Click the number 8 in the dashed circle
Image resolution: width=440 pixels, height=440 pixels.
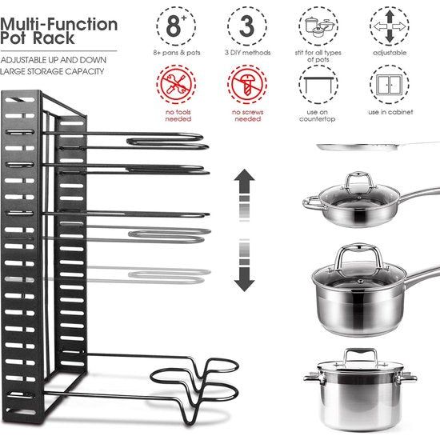pos(174,26)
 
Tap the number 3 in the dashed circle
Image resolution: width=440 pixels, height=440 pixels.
pos(246,26)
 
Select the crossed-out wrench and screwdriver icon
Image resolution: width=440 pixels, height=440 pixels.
pos(176,84)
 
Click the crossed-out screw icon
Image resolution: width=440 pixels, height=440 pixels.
pos(247,84)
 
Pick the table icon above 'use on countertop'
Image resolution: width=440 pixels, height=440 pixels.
pos(318,84)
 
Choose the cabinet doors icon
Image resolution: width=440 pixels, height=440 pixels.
pos(390,85)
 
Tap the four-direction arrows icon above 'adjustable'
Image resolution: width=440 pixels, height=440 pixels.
pos(390,26)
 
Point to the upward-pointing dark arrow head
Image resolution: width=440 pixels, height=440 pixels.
pos(245,175)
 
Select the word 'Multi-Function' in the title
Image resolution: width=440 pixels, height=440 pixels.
pos(58,24)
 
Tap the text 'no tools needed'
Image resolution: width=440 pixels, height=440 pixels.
pos(178,115)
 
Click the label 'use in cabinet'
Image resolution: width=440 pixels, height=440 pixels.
pos(390,112)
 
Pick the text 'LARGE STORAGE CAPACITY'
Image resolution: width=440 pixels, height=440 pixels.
pos(52,71)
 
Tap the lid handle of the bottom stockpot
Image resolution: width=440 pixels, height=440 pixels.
pos(361,356)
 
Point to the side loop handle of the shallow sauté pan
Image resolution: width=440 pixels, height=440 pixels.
pos(312,203)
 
